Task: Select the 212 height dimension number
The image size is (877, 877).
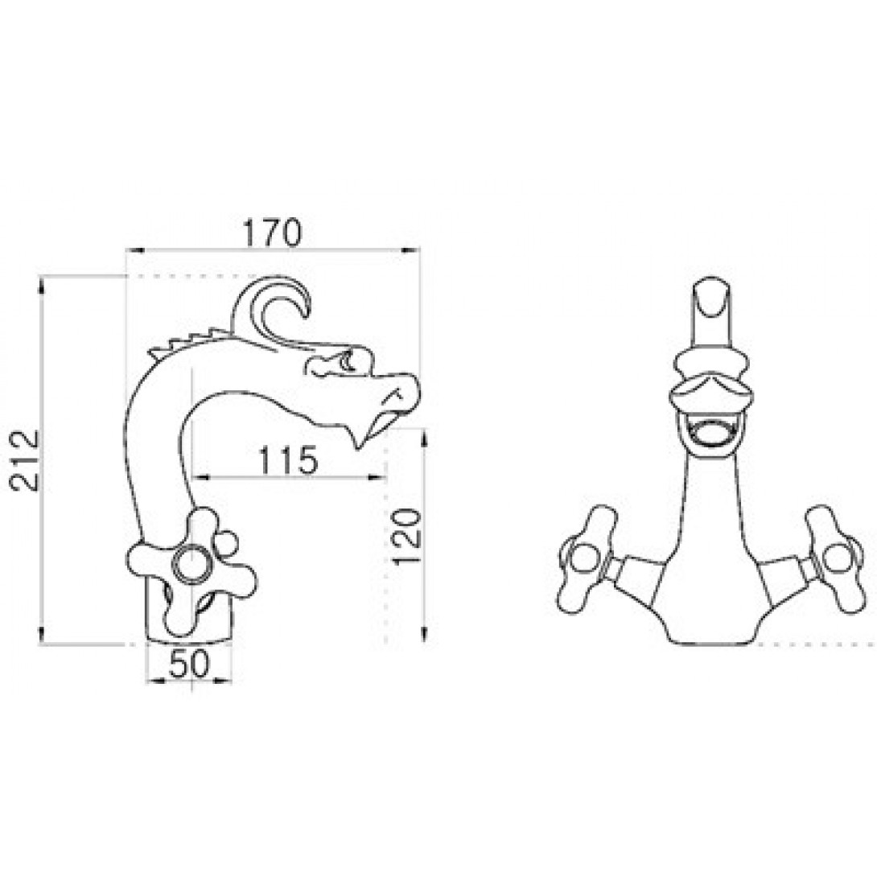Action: click(25, 459)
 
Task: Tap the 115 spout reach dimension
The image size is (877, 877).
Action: click(287, 459)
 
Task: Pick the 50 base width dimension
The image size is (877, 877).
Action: click(188, 664)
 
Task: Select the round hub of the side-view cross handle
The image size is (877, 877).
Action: click(191, 564)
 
